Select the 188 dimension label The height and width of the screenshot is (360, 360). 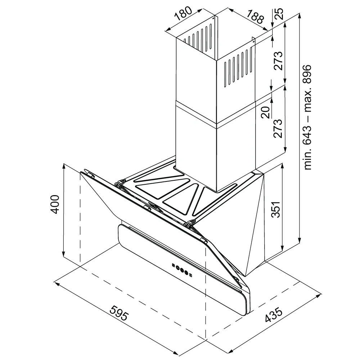click(x=255, y=17)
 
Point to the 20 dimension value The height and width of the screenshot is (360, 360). click(x=266, y=112)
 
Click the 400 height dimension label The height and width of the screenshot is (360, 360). click(x=55, y=204)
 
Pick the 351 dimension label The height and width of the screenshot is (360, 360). click(x=275, y=210)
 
